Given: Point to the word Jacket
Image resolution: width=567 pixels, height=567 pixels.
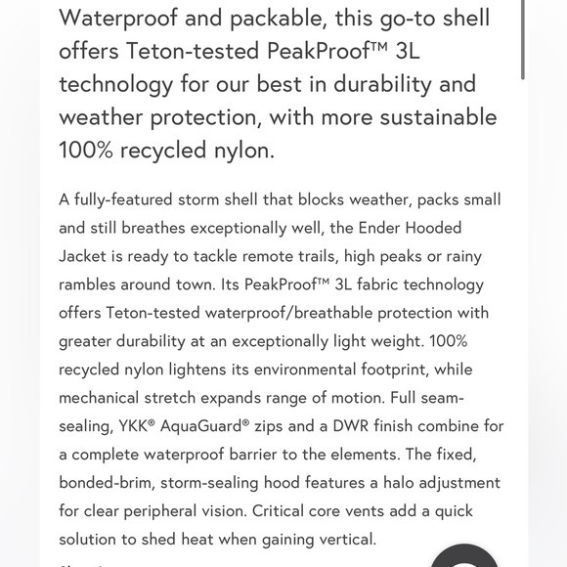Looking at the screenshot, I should click(x=86, y=256).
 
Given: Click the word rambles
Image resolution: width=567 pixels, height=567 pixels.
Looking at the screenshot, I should click(x=93, y=284).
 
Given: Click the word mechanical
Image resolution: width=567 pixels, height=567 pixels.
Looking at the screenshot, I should click(x=105, y=398).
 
